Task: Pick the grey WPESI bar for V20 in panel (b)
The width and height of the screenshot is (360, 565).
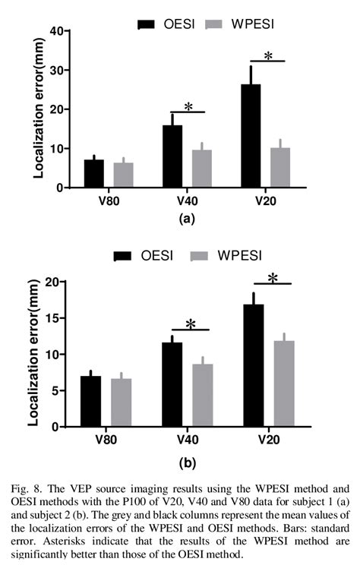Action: (x=284, y=384)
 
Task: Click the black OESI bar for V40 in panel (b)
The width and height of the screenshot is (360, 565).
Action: (x=172, y=384)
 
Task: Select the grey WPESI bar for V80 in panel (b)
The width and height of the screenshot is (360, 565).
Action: (x=122, y=402)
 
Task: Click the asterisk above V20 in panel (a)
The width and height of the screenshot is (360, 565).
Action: (x=267, y=55)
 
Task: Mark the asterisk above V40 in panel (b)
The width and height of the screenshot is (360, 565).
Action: (x=191, y=324)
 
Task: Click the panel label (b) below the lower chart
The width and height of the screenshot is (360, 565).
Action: (x=187, y=461)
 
